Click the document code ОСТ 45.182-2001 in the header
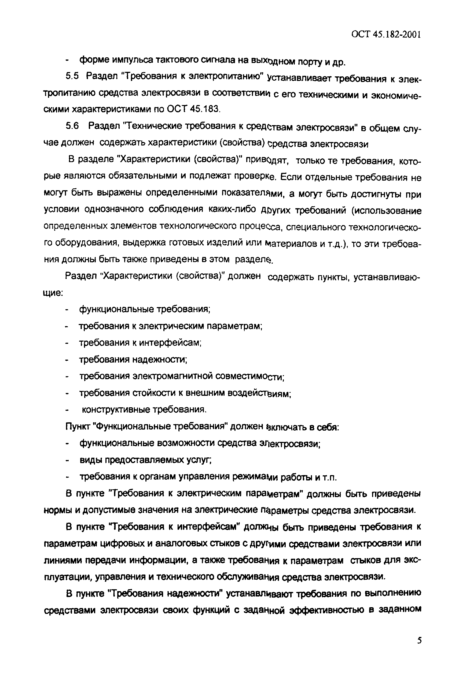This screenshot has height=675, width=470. tap(386, 34)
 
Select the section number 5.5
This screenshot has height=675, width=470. tap(72, 76)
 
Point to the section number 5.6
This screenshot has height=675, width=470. tap(72, 126)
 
